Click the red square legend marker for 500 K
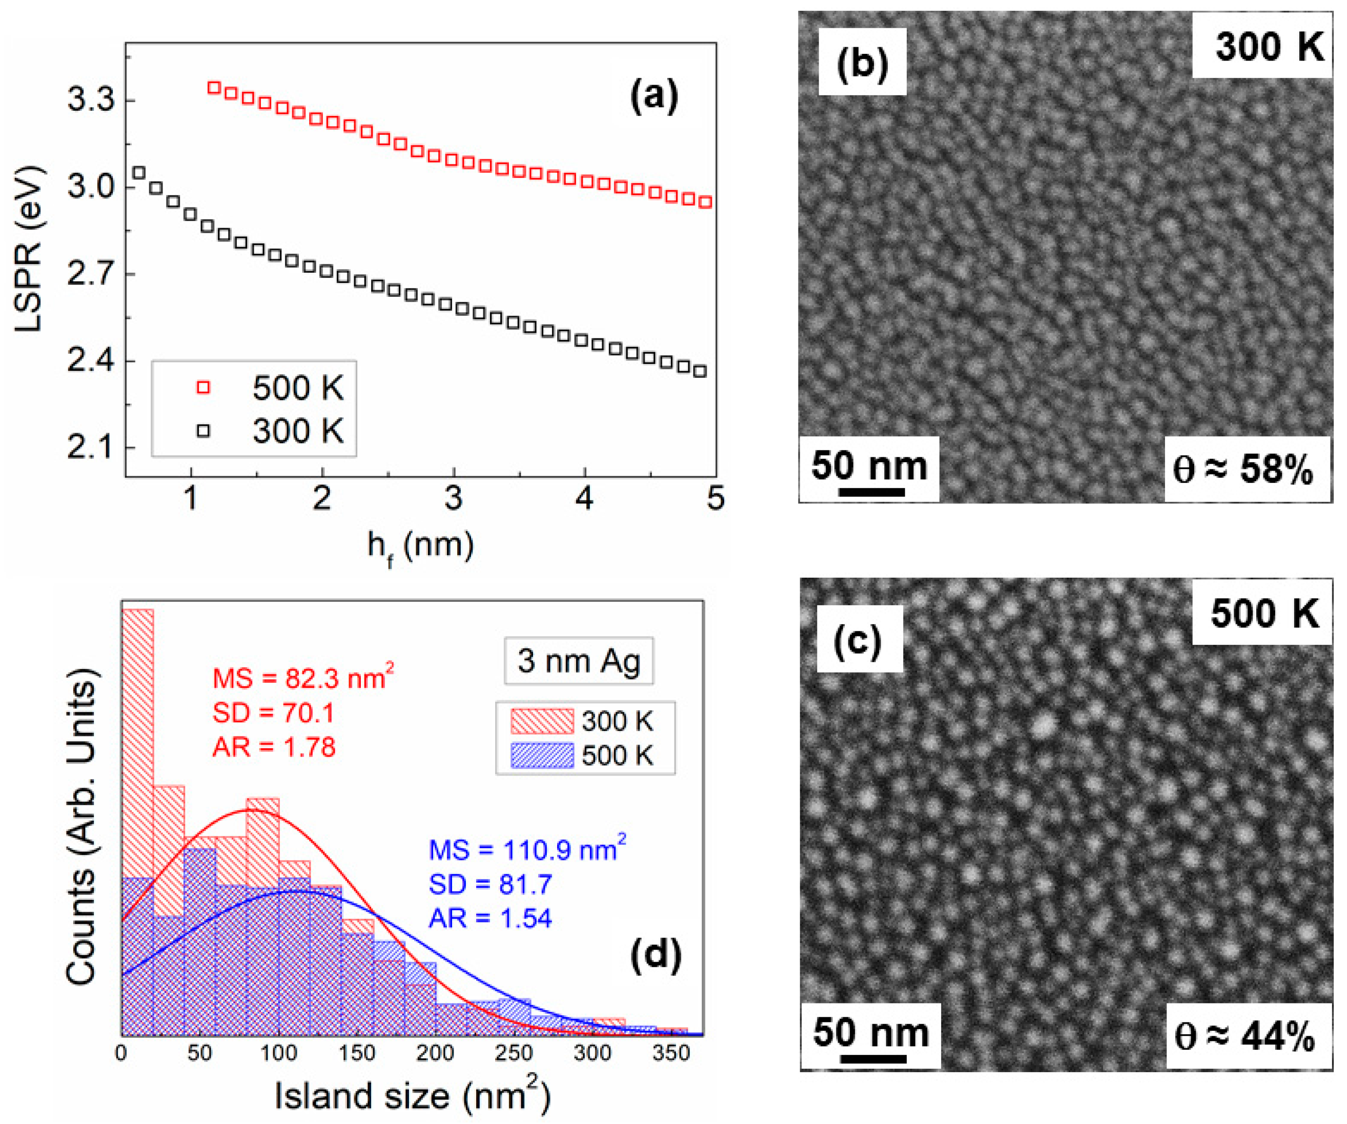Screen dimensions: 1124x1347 pos(203,387)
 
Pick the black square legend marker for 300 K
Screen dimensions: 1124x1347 pos(203,430)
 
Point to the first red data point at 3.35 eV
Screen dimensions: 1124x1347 pos(214,87)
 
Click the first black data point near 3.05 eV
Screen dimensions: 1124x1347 pos(138,173)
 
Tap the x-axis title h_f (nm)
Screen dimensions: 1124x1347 pos(420,546)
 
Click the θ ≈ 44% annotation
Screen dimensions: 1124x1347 pos(1244,1036)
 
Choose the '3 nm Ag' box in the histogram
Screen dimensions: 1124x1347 pos(579,661)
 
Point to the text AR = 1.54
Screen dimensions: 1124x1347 pos(490,918)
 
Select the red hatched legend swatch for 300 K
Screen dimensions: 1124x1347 pos(542,721)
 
